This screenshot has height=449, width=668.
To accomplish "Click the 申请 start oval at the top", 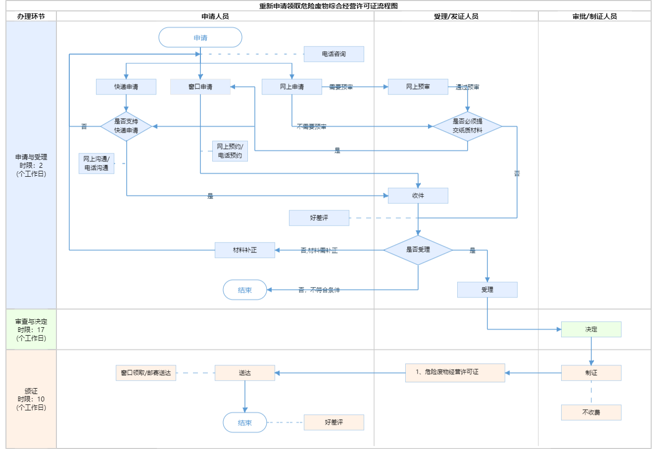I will (x=200, y=38).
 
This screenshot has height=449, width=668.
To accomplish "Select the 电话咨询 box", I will (x=334, y=54).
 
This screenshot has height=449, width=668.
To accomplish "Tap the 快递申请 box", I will (x=126, y=87).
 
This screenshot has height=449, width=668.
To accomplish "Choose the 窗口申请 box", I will (x=200, y=87).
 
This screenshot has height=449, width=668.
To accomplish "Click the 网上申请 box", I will (x=292, y=87).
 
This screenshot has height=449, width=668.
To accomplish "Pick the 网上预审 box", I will (x=418, y=87).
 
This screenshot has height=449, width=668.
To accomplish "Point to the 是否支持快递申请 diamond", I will (x=126, y=126).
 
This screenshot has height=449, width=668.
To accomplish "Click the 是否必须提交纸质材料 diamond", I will (x=468, y=126).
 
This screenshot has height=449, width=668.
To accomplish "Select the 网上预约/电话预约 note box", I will (x=230, y=151).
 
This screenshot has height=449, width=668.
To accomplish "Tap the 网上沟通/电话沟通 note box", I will (x=96, y=163).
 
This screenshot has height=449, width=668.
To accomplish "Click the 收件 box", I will (x=418, y=196).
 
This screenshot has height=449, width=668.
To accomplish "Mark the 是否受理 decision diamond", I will (x=418, y=250).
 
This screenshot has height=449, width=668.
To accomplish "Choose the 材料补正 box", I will (x=245, y=250).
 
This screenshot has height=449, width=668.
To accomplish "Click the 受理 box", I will (x=487, y=290).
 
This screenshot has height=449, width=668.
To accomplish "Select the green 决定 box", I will (x=591, y=329).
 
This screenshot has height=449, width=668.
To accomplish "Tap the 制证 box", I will (x=591, y=373).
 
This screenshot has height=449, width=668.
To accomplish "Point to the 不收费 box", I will (x=591, y=412).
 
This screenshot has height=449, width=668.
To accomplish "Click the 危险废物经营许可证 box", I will (x=455, y=373).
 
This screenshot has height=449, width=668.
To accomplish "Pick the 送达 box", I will (x=245, y=373).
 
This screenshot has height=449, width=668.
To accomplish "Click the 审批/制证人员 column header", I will (x=595, y=16).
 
